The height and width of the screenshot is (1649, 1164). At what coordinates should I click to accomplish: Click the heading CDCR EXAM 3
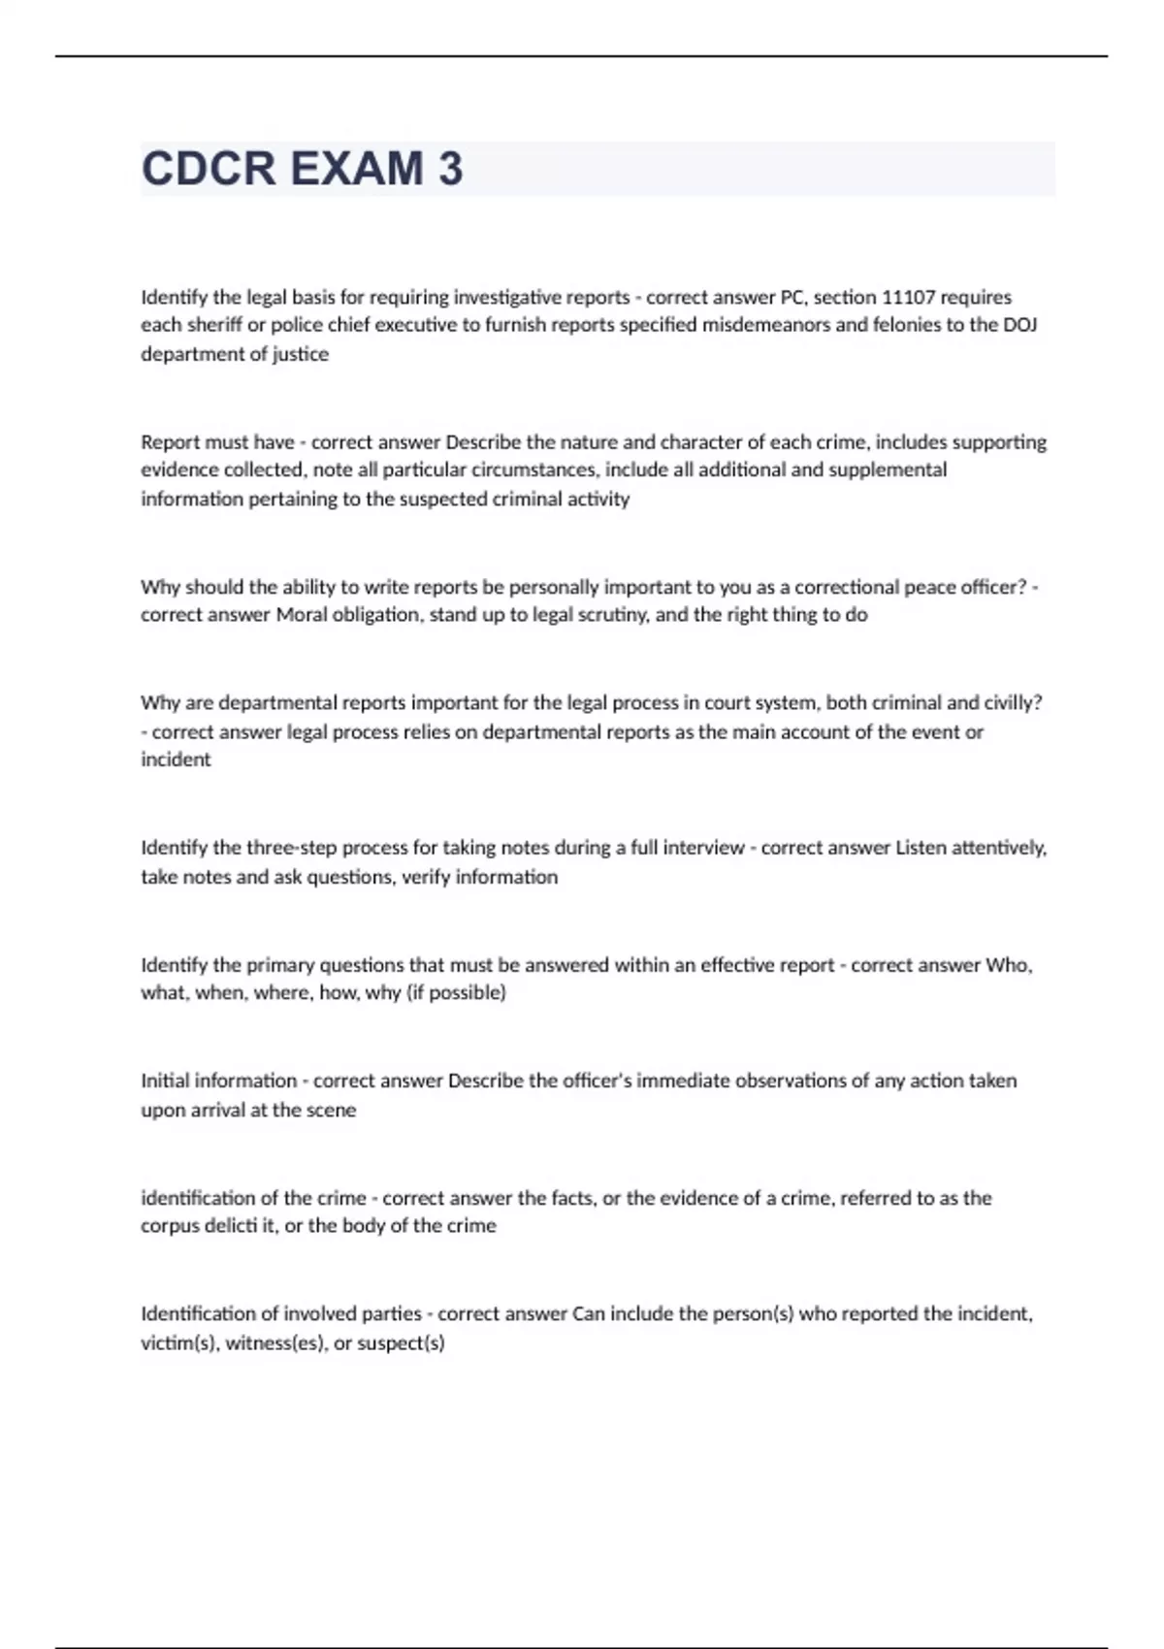(302, 169)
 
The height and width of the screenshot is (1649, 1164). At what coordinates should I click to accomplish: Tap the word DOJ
(1020, 325)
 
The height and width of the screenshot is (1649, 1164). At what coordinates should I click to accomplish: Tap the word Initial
(170, 1081)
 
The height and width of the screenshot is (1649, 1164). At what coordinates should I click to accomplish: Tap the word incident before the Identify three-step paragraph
(176, 760)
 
